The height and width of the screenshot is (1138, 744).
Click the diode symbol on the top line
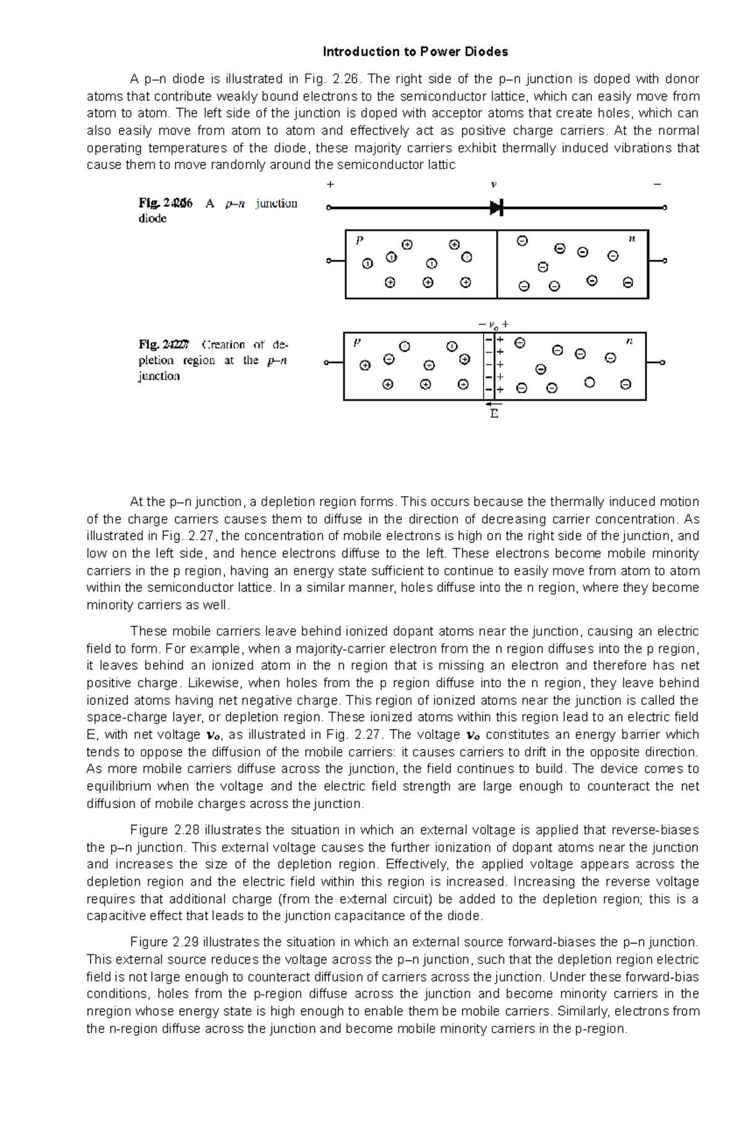pos(496,208)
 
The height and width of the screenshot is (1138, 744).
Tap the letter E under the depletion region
pos(494,414)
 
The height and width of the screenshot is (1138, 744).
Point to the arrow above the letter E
pos(494,404)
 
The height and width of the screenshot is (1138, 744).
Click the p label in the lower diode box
pos(356,342)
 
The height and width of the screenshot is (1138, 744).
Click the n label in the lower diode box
pos(629,340)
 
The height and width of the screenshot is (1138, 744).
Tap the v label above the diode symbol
pos(494,184)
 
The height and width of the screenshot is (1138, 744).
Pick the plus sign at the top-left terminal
pos(330,184)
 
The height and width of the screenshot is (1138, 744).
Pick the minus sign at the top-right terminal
pos(657,184)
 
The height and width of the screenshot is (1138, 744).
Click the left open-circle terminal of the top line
pos(329,208)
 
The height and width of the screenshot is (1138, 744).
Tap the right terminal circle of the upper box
pos(665,261)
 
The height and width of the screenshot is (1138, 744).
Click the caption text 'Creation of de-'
pos(244,345)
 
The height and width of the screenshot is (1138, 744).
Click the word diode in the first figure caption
pos(152,219)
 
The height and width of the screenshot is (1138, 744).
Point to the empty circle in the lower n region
pos(590,383)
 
